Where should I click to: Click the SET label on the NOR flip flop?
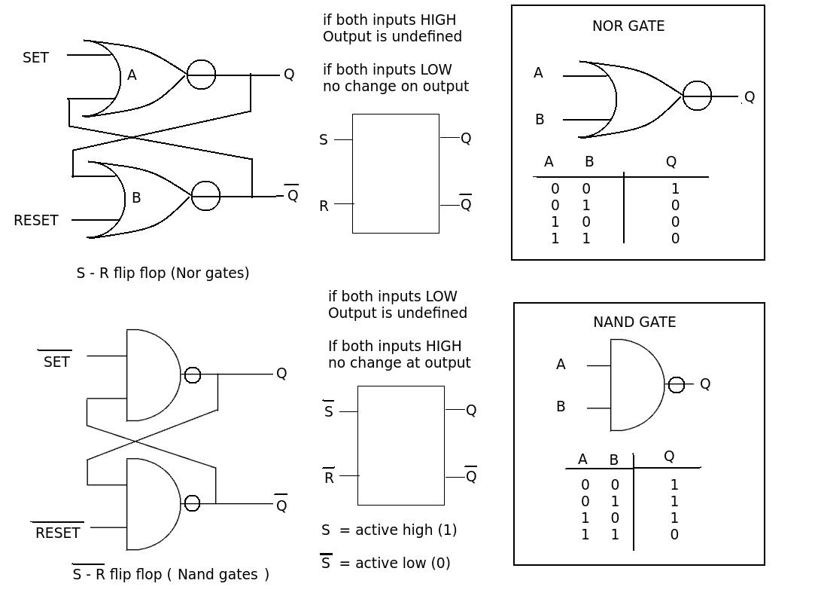[35, 58]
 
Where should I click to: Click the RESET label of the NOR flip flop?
[35, 220]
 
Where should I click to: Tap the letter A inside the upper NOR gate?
[132, 75]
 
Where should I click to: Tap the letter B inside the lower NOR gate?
[136, 197]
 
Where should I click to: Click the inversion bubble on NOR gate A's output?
[201, 75]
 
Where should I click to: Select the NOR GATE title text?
[628, 26]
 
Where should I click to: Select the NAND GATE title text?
[634, 322]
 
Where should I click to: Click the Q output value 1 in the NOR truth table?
[675, 189]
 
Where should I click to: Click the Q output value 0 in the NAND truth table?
[674, 534]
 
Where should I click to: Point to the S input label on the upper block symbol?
[324, 140]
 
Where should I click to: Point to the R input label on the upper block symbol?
[324, 206]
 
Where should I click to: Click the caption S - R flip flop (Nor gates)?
[163, 273]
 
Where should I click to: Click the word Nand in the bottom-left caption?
[197, 574]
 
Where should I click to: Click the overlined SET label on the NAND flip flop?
[56, 362]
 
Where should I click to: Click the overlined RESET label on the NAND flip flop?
[57, 533]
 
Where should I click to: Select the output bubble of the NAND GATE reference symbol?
[676, 385]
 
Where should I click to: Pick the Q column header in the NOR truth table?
[671, 161]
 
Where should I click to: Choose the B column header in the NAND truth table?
[613, 460]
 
